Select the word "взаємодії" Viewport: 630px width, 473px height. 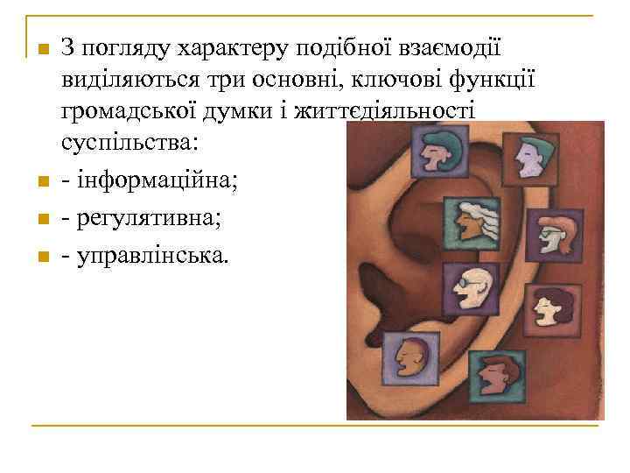453,49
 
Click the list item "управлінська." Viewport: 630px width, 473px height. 154,256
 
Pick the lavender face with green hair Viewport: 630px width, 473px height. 530,156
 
